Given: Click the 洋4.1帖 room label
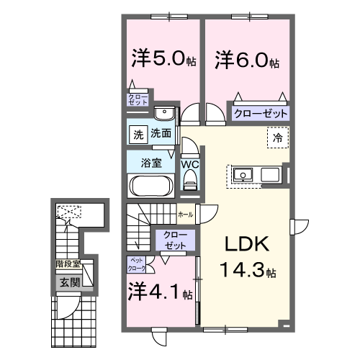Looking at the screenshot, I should coord(161,293).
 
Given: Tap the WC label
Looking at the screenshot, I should coord(190,165).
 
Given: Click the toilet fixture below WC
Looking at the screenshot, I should coord(191,184).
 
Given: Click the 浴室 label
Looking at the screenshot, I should coord(150,163).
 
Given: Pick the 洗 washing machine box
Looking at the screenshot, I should coord(137,134).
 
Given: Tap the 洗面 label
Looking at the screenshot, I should coord(161,133).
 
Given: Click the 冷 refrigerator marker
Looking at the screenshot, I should coord(276,136).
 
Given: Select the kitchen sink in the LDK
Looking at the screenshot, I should coord(242,175).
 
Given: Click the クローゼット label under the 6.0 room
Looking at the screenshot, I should coord(260,114).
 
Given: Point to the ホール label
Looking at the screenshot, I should coord(185,214).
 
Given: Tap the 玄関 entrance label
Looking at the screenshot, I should coord(69,282).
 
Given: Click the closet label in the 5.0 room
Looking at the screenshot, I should coord(138,99).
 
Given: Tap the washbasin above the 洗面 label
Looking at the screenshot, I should coord(164,112).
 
